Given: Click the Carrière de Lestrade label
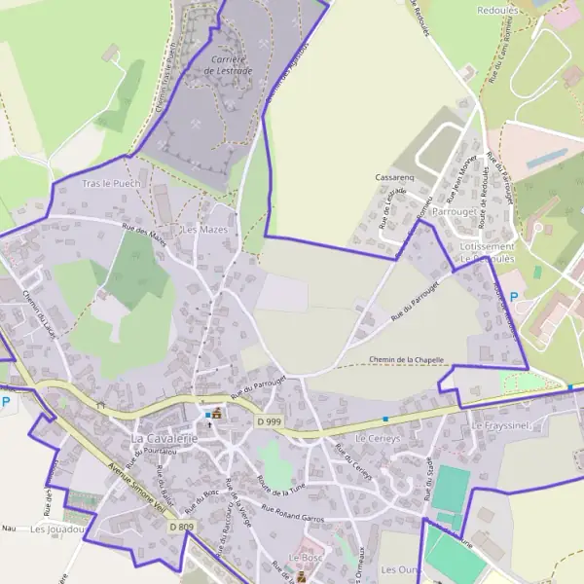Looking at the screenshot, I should [231, 64].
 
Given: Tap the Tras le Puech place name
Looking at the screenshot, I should [111, 183].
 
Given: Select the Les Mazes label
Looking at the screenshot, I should [205, 229].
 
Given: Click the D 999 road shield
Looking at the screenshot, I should [270, 421].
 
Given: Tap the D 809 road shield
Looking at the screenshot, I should [180, 527].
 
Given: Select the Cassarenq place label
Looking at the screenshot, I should [395, 178].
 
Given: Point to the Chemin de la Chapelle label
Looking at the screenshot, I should [407, 360].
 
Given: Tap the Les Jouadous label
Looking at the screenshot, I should [58, 529].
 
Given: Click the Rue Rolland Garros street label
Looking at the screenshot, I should [291, 512].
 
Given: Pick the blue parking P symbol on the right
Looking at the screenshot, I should [515, 292].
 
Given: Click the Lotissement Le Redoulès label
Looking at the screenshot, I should [487, 254].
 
